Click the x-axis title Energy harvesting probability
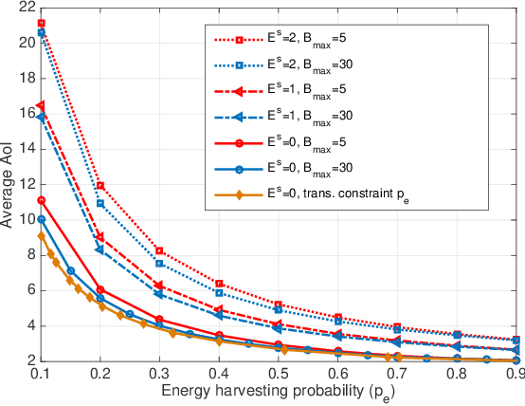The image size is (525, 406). pyautogui.click(x=278, y=392)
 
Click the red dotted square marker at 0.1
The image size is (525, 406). pyautogui.click(x=41, y=23)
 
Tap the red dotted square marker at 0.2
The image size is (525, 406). pyautogui.click(x=100, y=185)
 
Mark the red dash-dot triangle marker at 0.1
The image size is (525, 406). pyautogui.click(x=41, y=105)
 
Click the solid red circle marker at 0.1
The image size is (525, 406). pyautogui.click(x=41, y=200)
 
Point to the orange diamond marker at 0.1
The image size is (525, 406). pyautogui.click(x=41, y=236)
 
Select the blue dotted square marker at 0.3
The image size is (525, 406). pyautogui.click(x=159, y=263)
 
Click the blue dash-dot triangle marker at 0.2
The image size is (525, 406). pyautogui.click(x=100, y=249)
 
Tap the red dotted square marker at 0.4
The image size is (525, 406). pyautogui.click(x=219, y=284)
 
